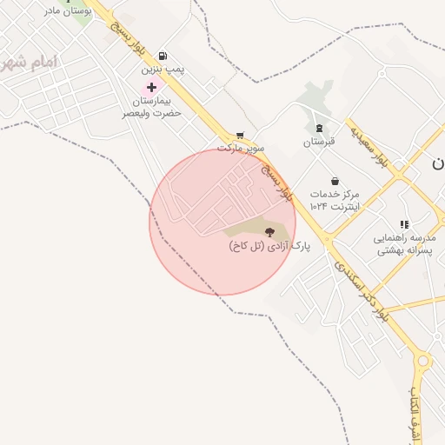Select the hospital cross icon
click(152, 87)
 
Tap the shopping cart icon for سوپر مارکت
click(240, 136)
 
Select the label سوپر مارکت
click(240, 148)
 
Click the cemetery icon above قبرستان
click(318, 128)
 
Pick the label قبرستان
click(318, 141)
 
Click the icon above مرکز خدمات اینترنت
click(335, 181)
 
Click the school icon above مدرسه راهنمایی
click(403, 224)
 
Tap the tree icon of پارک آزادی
click(269, 232)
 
